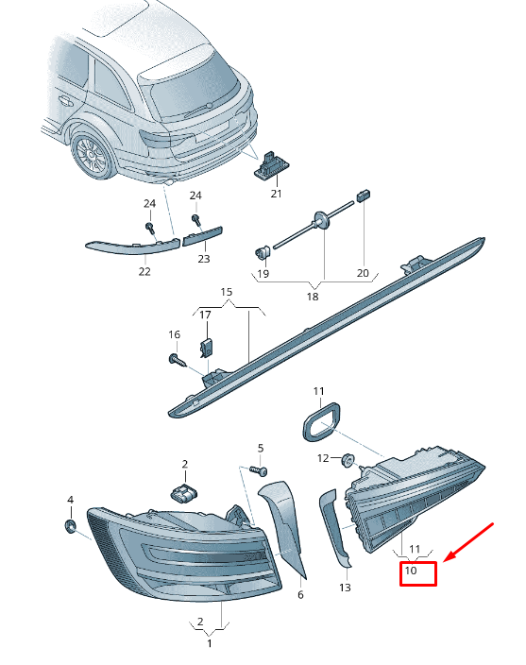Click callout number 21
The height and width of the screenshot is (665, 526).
[x=276, y=194]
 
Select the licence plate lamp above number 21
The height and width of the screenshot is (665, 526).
[x=271, y=165]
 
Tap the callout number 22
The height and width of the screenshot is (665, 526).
[x=144, y=271]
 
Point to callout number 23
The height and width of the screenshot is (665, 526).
[x=204, y=258]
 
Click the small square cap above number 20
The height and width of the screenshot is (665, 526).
[x=364, y=196]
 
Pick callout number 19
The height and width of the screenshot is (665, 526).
[x=263, y=274]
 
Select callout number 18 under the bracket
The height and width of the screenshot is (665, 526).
[x=313, y=297]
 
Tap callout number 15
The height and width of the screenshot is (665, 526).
[x=227, y=292]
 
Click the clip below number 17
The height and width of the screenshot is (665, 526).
[x=207, y=347]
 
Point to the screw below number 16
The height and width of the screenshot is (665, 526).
[x=178, y=360]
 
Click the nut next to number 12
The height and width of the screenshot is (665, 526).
[x=348, y=460]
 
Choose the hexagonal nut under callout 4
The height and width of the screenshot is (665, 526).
[x=71, y=526]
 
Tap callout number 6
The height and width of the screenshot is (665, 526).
[x=300, y=594]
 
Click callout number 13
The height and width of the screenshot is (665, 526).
[x=345, y=588]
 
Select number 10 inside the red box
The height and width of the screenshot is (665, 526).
[x=411, y=571]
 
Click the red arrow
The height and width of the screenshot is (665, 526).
[x=469, y=543]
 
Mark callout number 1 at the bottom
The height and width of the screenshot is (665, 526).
[x=210, y=643]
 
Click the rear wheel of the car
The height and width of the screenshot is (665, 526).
[x=92, y=155]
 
